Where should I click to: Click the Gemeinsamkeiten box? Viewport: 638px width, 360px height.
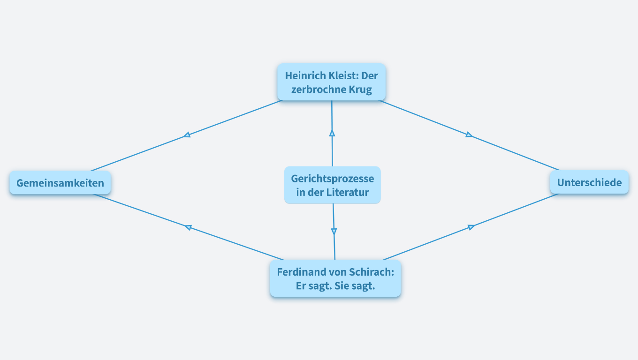tap(60, 183)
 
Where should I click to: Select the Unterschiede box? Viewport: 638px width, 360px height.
tap(589, 182)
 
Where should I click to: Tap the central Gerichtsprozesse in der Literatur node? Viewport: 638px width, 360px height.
tap(332, 185)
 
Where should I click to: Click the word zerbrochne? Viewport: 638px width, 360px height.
tap(318, 90)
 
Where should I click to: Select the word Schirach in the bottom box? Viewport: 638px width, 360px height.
tap(374, 272)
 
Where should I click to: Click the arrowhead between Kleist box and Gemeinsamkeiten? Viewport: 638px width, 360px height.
tap(187, 135)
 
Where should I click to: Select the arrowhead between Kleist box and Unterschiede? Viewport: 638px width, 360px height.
tap(469, 135)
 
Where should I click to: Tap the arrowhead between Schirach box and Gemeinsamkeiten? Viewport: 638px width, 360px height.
tap(188, 227)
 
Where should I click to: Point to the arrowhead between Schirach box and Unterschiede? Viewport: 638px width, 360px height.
tap(471, 227)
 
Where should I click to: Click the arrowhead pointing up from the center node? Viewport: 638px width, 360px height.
tap(332, 133)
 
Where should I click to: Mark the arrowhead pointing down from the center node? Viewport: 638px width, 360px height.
tap(334, 231)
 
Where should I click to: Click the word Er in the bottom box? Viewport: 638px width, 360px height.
tap(301, 286)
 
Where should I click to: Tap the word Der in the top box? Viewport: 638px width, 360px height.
tap(370, 76)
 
